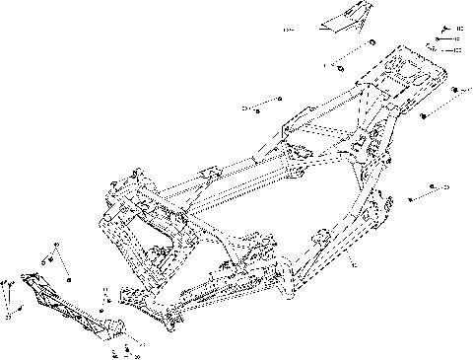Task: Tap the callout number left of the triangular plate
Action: pyautogui.click(x=287, y=31)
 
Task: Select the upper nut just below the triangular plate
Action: pyautogui.click(x=372, y=44)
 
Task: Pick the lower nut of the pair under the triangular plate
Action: pyautogui.click(x=339, y=66)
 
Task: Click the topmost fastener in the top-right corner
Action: pyautogui.click(x=445, y=29)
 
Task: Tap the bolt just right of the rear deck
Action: pyautogui.click(x=454, y=91)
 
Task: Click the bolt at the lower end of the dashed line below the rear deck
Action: pyautogui.click(x=423, y=116)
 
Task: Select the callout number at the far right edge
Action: pyautogui.click(x=445, y=186)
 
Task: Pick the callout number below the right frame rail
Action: pyautogui.click(x=354, y=265)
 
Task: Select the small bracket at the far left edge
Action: pyautogui.click(x=9, y=291)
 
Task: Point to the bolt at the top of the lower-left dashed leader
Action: pyautogui.click(x=57, y=245)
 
